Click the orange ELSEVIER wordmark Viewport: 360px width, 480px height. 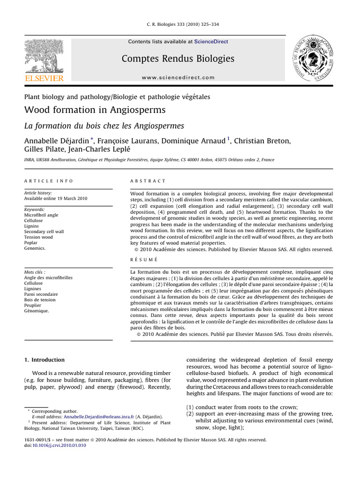(44, 78)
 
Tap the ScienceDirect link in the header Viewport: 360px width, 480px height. (211, 42)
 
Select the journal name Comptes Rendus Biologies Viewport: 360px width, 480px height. (178, 59)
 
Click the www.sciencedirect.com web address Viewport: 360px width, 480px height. (178, 78)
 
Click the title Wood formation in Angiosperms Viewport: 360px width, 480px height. (95, 111)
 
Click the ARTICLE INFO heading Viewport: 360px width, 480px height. (48, 181)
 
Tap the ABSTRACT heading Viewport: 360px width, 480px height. (148, 181)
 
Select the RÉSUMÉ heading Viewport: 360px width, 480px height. (143, 259)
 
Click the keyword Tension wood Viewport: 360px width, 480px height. (38, 237)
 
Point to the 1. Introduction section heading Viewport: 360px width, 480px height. (44, 360)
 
